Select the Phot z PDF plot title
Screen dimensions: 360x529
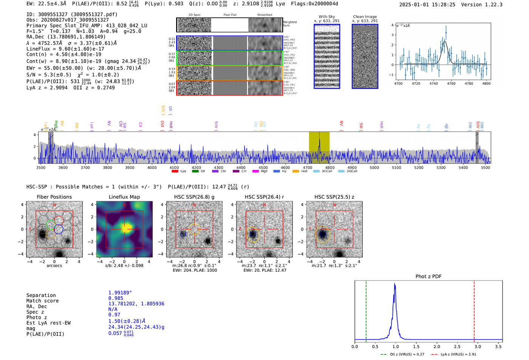click(428, 276)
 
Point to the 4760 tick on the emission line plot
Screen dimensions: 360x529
click(451, 83)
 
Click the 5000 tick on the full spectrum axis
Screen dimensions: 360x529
click(374, 168)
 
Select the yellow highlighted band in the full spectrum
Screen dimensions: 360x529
click(319, 147)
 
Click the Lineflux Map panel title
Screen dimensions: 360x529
click(124, 197)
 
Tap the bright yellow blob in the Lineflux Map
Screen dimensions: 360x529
click(126, 227)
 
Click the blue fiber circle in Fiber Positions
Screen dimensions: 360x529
click(58, 229)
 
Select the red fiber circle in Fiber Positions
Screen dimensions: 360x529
click(58, 220)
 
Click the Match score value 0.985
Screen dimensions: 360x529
click(116, 298)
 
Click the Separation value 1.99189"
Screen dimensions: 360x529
click(120, 293)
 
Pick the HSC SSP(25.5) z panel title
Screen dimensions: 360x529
click(334, 197)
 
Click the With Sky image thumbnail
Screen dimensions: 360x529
click(326, 56)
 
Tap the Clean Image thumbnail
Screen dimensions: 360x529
click(365, 56)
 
